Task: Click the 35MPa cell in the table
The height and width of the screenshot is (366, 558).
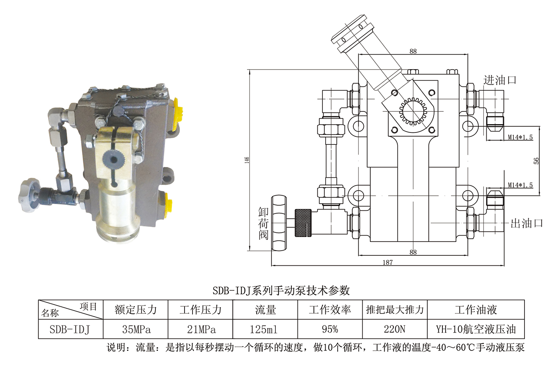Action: click(x=136, y=329)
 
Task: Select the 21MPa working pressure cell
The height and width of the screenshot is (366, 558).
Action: click(x=201, y=329)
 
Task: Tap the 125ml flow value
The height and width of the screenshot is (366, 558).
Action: click(x=263, y=329)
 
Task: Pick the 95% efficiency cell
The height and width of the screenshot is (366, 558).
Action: click(x=330, y=329)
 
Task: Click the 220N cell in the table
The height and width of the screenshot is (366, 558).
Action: click(x=394, y=329)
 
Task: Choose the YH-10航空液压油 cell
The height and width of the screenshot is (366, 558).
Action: click(x=475, y=329)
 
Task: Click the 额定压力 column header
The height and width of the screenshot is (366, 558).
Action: click(x=136, y=310)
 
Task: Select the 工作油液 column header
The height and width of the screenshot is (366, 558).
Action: click(x=475, y=310)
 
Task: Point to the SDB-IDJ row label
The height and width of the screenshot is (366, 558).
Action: click(x=69, y=329)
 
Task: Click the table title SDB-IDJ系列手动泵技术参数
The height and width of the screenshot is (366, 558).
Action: click(x=281, y=290)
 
